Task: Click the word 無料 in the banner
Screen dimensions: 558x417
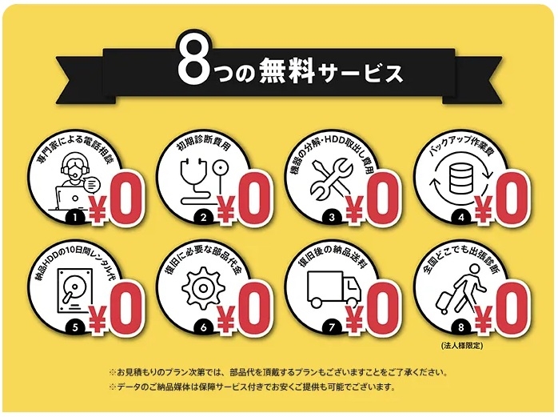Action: tap(287, 71)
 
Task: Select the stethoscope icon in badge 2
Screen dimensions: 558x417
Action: tap(204, 181)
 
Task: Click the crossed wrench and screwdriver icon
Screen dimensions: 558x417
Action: tap(331, 179)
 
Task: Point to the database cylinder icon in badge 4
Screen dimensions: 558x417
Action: tap(460, 178)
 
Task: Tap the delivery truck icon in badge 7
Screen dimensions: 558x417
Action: tap(333, 290)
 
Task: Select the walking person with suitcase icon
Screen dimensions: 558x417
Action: tap(459, 288)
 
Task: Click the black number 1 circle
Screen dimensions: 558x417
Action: tap(74, 217)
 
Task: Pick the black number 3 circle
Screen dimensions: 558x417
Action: tap(332, 217)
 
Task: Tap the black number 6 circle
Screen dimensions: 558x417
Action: tap(203, 327)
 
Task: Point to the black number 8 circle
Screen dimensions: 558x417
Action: tap(460, 327)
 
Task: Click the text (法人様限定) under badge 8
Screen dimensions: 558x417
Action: tap(462, 346)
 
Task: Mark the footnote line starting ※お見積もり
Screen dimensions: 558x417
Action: tap(278, 373)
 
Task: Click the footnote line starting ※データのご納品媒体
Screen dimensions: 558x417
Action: tap(253, 387)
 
